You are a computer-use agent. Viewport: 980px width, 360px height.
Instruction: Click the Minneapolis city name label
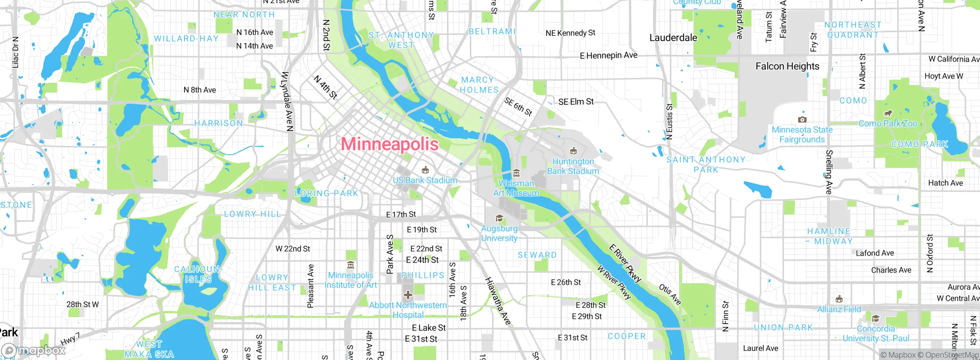pyautogui.click(x=390, y=144)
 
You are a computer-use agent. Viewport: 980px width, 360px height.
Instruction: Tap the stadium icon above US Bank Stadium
pyautogui.click(x=425, y=170)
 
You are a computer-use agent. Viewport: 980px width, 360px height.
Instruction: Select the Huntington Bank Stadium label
pyautogui.click(x=573, y=166)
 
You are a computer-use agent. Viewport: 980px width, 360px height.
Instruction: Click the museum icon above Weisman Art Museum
pyautogui.click(x=516, y=173)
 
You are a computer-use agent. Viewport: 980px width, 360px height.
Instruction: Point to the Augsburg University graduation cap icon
pyautogui.click(x=499, y=218)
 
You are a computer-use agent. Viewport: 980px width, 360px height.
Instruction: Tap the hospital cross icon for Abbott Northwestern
pyautogui.click(x=408, y=295)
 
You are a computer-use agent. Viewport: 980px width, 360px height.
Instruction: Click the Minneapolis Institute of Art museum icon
pyautogui.click(x=350, y=265)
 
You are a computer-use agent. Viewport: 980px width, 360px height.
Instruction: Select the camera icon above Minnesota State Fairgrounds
pyautogui.click(x=802, y=120)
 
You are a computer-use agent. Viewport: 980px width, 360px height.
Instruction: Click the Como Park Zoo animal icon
pyautogui.click(x=888, y=113)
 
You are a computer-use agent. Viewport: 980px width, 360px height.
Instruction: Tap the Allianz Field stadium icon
pyautogui.click(x=839, y=299)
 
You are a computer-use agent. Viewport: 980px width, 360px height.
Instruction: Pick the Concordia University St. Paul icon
pyautogui.click(x=875, y=319)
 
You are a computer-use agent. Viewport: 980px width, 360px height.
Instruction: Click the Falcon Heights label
pyautogui.click(x=787, y=66)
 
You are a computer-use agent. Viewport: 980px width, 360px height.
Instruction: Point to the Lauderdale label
pyautogui.click(x=673, y=38)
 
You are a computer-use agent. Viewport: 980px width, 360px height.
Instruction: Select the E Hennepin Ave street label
pyautogui.click(x=609, y=56)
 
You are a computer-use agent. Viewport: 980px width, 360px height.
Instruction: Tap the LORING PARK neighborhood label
pyautogui.click(x=327, y=193)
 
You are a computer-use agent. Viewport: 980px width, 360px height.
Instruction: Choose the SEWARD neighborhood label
pyautogui.click(x=537, y=255)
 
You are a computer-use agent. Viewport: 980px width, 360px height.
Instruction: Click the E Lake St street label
pyautogui.click(x=429, y=328)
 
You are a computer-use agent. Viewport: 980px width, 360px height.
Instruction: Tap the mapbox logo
pyautogui.click(x=34, y=350)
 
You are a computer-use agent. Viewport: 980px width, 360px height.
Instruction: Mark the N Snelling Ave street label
pyautogui.click(x=829, y=172)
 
